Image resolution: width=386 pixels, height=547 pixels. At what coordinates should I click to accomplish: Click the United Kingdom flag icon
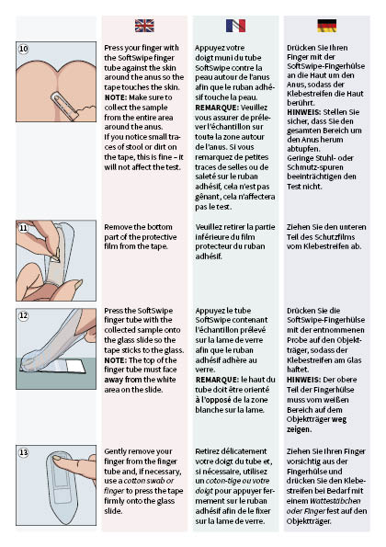(x=145, y=26)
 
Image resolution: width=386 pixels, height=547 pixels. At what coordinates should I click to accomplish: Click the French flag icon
(x=234, y=26)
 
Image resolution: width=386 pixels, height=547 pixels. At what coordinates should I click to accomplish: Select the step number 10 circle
(x=24, y=48)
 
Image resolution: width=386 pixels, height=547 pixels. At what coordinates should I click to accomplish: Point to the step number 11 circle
(x=24, y=227)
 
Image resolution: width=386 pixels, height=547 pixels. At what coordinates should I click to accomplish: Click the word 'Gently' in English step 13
(x=117, y=450)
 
